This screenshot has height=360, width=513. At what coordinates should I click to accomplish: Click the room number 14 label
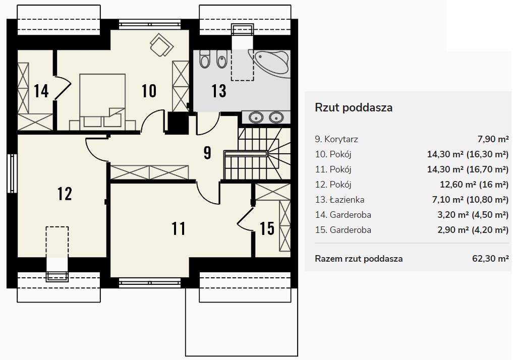point(41,91)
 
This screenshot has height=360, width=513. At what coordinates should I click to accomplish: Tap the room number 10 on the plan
point(149,91)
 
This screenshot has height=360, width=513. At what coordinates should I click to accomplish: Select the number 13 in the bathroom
point(219,91)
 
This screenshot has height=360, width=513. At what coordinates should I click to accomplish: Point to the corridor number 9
point(207,153)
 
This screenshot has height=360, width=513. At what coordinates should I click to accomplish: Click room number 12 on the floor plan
point(65,194)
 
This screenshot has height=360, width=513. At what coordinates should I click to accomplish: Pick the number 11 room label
point(179,228)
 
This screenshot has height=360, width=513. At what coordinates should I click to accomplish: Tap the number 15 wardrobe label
point(267,228)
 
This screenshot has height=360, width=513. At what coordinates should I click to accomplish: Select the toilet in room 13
point(205,58)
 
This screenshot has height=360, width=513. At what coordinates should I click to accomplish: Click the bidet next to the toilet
point(222,58)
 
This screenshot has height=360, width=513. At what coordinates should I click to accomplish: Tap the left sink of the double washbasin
point(256,117)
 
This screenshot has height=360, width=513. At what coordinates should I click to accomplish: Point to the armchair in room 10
point(161,45)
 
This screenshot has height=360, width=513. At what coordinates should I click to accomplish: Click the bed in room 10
point(102,102)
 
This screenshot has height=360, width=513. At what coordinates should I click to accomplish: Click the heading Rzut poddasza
point(354,107)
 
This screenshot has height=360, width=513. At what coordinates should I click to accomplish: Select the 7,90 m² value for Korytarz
point(493,139)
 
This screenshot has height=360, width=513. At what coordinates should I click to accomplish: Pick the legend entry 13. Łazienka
point(339,200)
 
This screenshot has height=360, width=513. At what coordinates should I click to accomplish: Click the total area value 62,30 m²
point(490,259)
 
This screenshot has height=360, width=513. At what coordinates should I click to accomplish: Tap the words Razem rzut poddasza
point(359,259)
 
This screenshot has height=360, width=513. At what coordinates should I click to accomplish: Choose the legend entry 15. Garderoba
point(343,230)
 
